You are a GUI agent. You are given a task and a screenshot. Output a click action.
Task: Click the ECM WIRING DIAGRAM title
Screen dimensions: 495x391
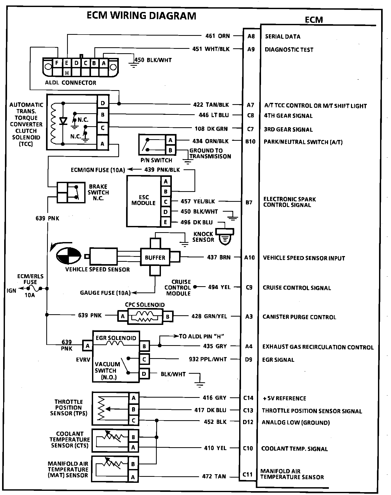pyautogui.click(x=141, y=16)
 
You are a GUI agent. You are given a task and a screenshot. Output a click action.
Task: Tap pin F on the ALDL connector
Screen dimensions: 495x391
pyautogui.click(x=57, y=63)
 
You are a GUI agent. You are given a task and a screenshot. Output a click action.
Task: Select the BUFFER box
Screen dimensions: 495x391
pyautogui.click(x=155, y=257)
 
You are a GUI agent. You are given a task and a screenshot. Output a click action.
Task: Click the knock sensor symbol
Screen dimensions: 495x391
pyautogui.click(x=226, y=236)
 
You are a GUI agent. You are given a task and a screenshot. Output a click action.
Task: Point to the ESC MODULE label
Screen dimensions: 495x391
pyautogui.click(x=144, y=200)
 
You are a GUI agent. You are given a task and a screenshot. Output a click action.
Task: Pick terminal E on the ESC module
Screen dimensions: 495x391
pyautogui.click(x=166, y=222)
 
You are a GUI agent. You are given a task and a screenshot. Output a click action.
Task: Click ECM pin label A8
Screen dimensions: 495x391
pyautogui.click(x=251, y=36)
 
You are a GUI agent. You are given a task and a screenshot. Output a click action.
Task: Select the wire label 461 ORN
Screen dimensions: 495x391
pyautogui.click(x=218, y=36)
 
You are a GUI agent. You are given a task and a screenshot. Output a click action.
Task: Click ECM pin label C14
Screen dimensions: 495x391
pyautogui.click(x=248, y=398)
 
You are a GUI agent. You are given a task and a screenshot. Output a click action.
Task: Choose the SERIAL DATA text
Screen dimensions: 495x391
pyautogui.click(x=283, y=37)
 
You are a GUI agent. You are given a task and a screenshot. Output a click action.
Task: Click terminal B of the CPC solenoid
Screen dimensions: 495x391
pyautogui.click(x=168, y=316)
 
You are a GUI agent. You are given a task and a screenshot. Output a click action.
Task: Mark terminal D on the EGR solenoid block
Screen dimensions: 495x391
pyautogui.click(x=144, y=374)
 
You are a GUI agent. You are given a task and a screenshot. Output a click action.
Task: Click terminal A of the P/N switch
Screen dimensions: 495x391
pyautogui.click(x=171, y=140)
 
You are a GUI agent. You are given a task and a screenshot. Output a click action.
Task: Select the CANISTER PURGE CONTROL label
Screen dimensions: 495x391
pyautogui.click(x=299, y=317)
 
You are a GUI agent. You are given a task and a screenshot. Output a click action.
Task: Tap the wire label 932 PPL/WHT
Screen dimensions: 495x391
pyautogui.click(x=208, y=359)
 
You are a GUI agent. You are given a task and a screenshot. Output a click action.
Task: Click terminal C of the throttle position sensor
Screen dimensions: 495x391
pyautogui.click(x=133, y=420)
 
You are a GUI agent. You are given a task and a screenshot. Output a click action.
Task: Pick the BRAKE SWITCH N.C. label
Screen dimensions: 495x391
pyautogui.click(x=98, y=192)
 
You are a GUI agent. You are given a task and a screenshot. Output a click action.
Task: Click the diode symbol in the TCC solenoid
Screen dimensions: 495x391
pyautogui.click(x=63, y=121)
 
